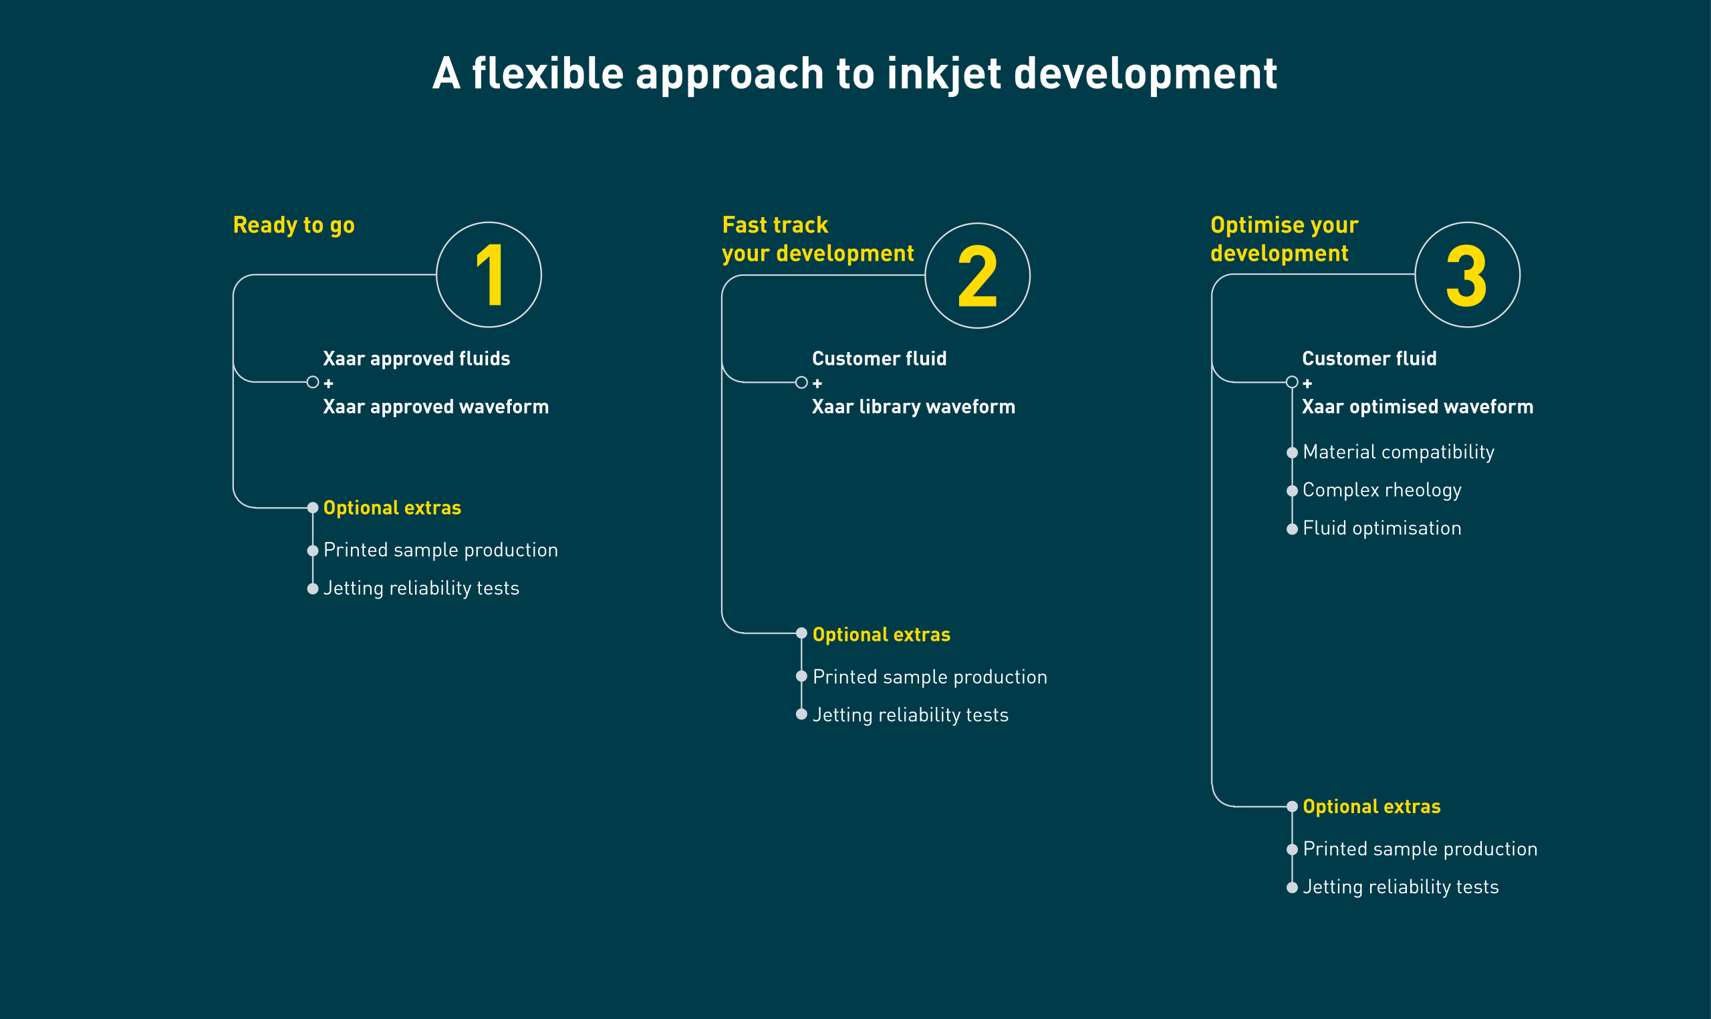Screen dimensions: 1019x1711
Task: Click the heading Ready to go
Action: click(294, 225)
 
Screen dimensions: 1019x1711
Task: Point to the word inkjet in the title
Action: click(944, 74)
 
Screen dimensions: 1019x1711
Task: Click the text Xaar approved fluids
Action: click(416, 358)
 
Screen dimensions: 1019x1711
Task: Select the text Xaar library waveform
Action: click(913, 406)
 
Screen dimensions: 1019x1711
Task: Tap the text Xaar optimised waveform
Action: click(1417, 406)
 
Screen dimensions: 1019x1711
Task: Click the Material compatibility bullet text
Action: click(1398, 452)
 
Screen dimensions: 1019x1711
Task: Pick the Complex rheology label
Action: click(1381, 490)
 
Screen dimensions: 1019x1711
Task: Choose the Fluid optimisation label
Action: click(1381, 528)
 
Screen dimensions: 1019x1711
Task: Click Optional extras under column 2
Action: click(881, 635)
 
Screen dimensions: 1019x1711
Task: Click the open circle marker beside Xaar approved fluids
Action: click(312, 382)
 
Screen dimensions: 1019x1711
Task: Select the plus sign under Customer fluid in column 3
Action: click(1307, 383)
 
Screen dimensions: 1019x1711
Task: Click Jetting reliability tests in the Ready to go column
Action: click(421, 589)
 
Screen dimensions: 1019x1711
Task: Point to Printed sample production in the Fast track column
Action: click(930, 677)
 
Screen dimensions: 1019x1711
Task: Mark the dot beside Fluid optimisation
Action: click(1291, 529)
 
